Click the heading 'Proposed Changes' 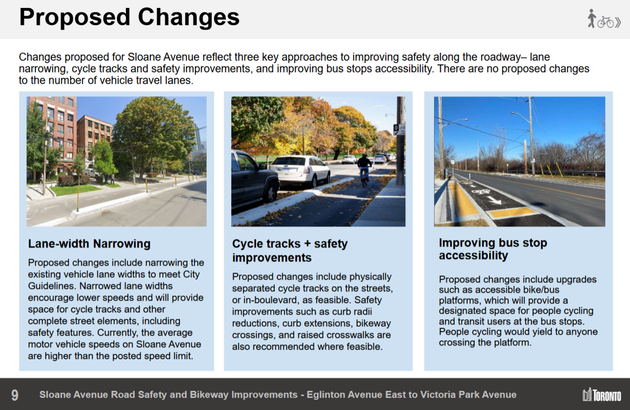click(x=129, y=17)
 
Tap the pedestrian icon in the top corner click(x=592, y=19)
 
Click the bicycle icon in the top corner click(x=605, y=22)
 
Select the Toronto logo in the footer click(x=602, y=394)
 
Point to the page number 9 click(x=15, y=395)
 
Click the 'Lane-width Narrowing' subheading click(x=89, y=244)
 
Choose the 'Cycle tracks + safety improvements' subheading click(x=290, y=251)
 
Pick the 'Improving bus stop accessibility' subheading click(x=493, y=249)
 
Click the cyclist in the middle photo click(x=364, y=169)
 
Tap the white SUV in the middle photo click(x=300, y=171)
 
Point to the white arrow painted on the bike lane click(x=494, y=200)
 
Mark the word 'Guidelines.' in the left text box click(x=52, y=286)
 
